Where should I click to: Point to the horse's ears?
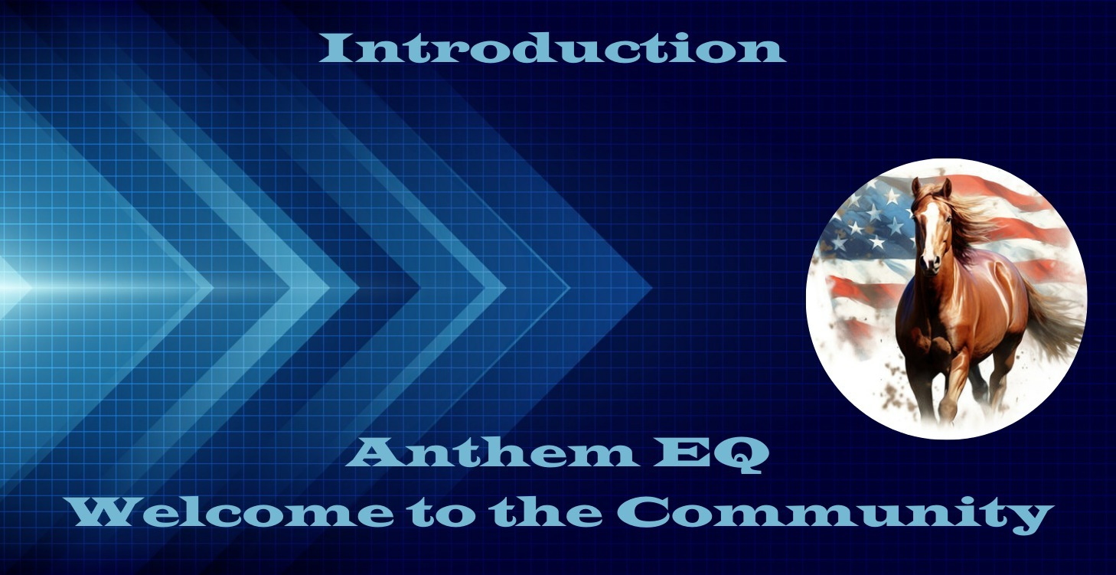coord(931,188)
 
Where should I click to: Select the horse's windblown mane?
coord(971,219)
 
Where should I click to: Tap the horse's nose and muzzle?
coord(930,261)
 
